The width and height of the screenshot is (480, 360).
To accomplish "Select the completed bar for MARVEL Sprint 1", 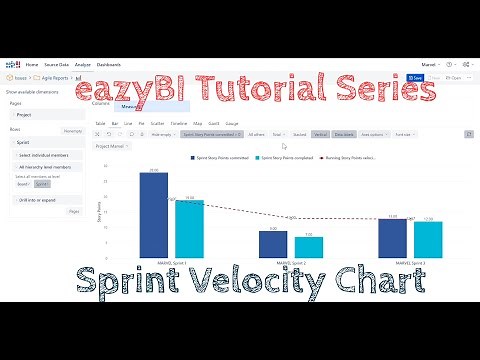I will (x=188, y=227).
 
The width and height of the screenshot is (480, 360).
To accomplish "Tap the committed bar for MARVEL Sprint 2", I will (x=273, y=243).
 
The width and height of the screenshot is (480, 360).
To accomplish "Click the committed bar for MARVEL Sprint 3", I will (x=392, y=237).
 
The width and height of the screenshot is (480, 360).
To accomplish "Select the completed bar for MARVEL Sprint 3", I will (x=428, y=238).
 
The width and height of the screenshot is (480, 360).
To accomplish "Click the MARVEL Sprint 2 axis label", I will (x=291, y=262).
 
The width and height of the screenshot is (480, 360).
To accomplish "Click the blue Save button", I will (x=417, y=77).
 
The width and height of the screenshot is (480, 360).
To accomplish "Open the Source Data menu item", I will (x=59, y=65).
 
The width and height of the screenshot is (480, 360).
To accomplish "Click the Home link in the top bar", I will (x=32, y=65).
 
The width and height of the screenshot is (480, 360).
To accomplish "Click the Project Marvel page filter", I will (x=111, y=145).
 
